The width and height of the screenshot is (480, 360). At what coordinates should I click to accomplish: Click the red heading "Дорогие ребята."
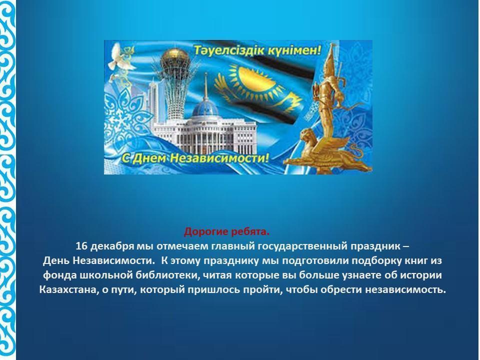coord(226,231)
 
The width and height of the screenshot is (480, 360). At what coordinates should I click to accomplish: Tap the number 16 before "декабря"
coord(81,246)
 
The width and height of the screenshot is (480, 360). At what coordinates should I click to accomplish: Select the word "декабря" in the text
coord(112,246)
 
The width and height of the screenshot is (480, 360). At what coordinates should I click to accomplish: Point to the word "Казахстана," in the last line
coord(69,289)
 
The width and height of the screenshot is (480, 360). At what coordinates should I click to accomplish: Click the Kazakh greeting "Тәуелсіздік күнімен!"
coord(257,50)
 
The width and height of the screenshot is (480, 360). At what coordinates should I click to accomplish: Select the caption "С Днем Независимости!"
coord(196,158)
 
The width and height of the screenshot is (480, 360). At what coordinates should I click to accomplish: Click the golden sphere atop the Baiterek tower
coord(175,58)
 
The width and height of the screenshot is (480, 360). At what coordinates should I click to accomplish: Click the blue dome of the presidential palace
coord(205,107)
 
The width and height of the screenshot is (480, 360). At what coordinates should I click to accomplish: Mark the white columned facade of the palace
coord(204,134)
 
